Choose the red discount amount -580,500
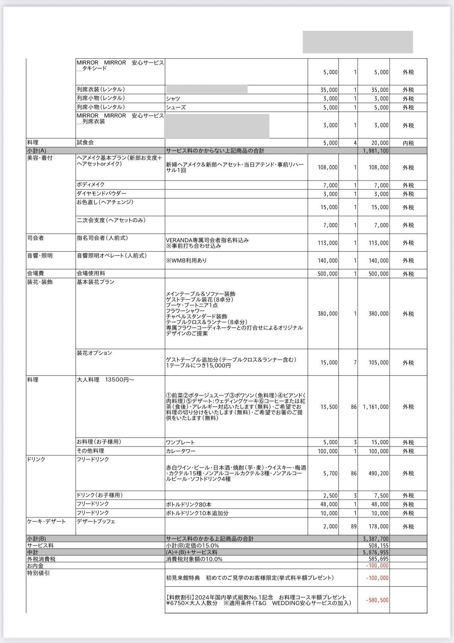click(x=377, y=600)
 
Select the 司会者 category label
click(x=35, y=238)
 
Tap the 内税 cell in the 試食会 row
click(x=408, y=143)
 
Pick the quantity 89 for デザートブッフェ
click(x=353, y=526)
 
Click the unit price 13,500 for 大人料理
click(x=329, y=407)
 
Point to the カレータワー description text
click(x=181, y=451)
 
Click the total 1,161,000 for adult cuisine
click(x=376, y=407)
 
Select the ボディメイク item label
click(x=91, y=185)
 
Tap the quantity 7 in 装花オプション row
click(x=355, y=362)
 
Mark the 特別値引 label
click(x=38, y=573)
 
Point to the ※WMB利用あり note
click(x=186, y=260)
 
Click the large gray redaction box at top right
click(x=358, y=42)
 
